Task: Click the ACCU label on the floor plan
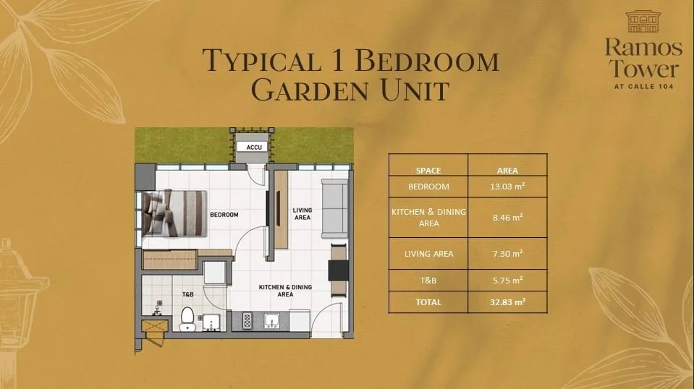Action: tap(253, 147)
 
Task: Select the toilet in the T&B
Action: tap(187, 319)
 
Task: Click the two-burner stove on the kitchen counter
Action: tap(246, 320)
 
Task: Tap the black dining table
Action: tap(338, 270)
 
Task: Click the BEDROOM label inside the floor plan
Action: tap(224, 215)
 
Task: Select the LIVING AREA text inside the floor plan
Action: tap(302, 213)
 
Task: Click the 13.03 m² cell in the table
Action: tap(507, 187)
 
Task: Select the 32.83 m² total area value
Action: tap(507, 302)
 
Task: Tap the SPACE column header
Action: tap(428, 171)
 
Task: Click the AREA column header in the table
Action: tap(507, 171)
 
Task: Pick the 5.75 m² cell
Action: tap(507, 280)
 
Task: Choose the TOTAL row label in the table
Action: tap(428, 302)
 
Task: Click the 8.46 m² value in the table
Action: tap(507, 217)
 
